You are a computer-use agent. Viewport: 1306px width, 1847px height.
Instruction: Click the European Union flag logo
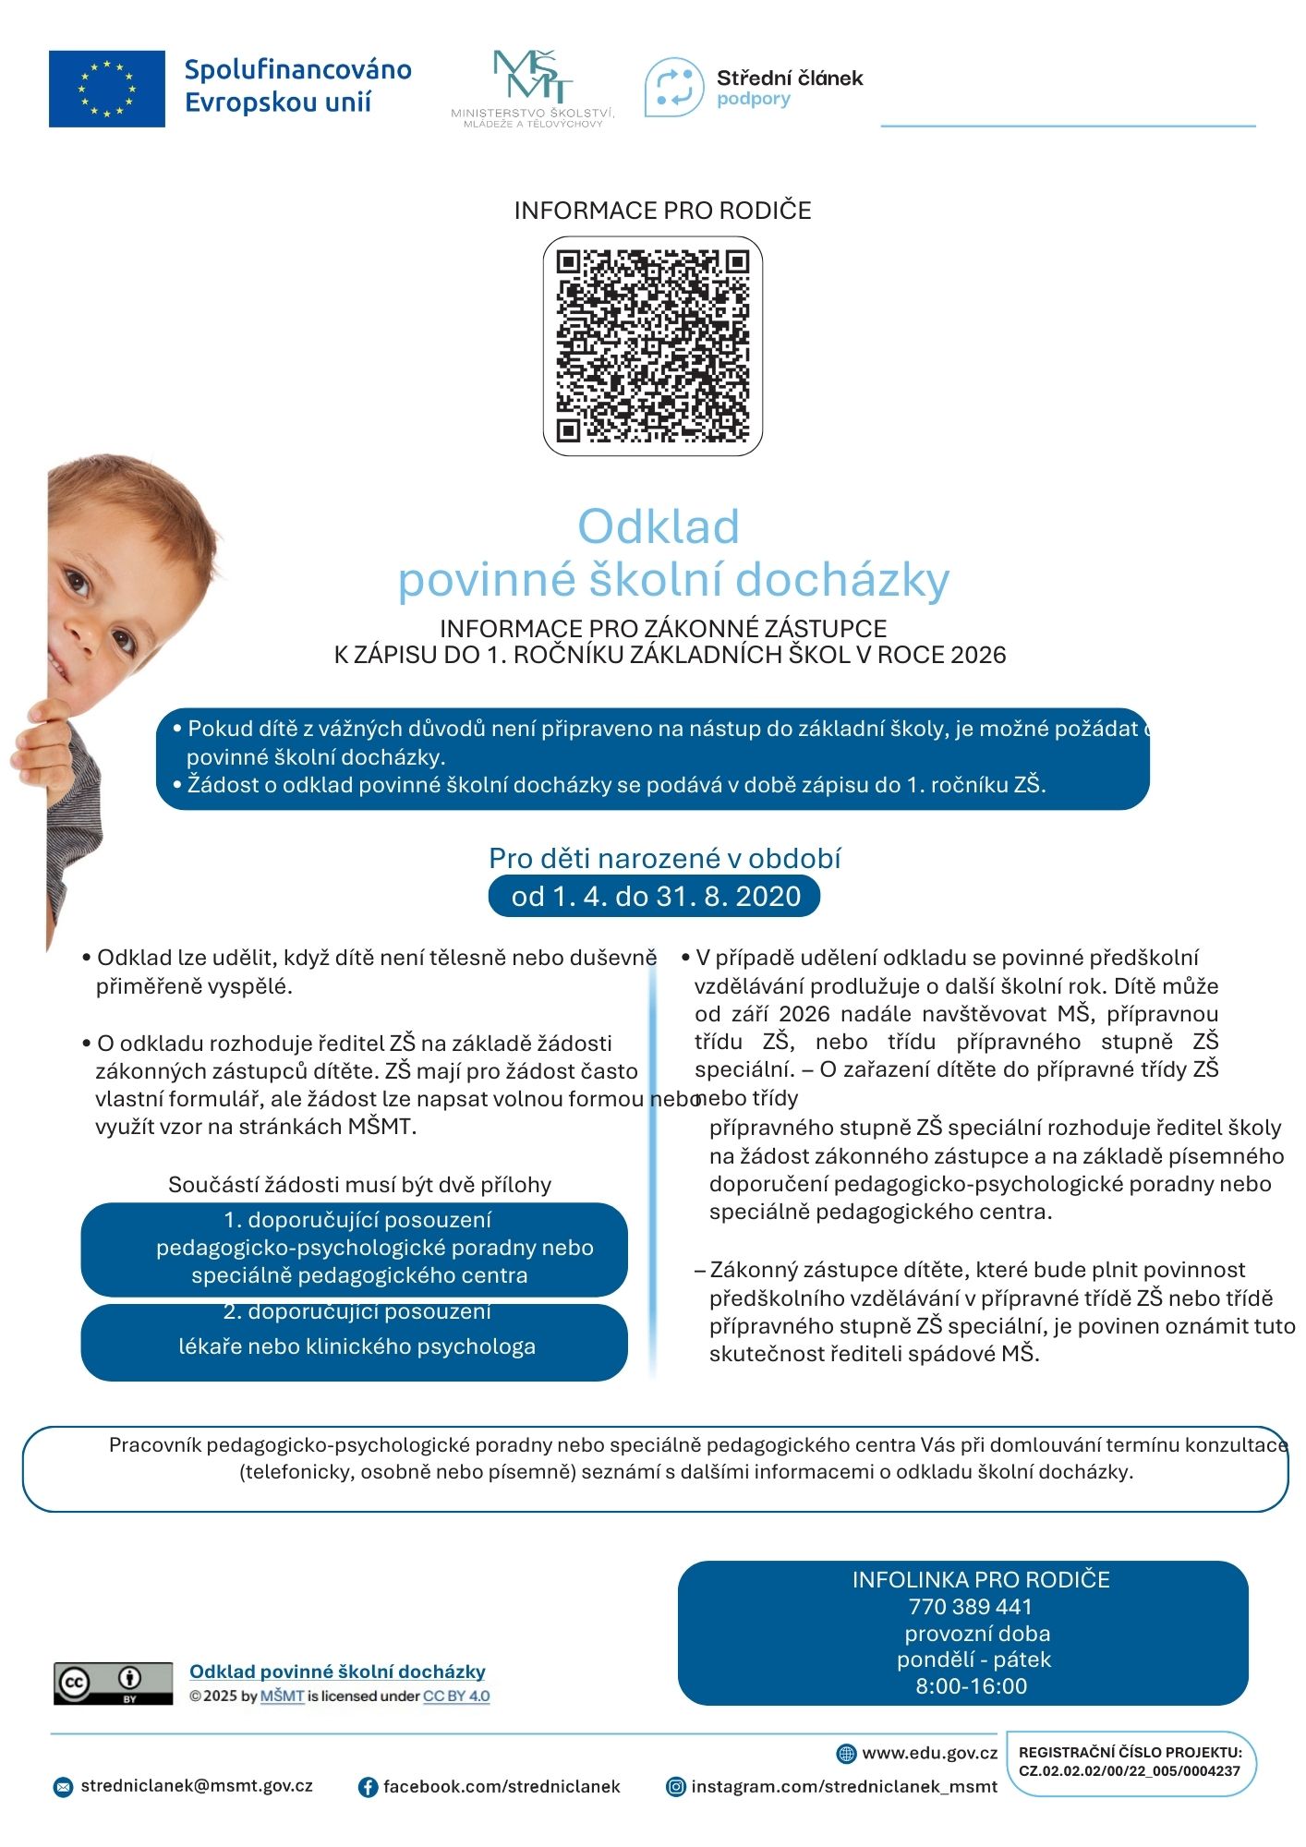(x=107, y=89)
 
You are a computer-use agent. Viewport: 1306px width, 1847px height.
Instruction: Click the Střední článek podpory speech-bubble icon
(x=673, y=87)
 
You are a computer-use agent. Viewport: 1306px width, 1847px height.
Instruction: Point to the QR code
(x=652, y=346)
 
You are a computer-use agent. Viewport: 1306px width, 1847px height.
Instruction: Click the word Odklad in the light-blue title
(x=659, y=526)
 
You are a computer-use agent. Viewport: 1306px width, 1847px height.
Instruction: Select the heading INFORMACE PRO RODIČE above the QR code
(x=662, y=211)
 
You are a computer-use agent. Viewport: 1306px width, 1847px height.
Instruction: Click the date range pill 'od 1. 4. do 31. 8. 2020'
(x=654, y=897)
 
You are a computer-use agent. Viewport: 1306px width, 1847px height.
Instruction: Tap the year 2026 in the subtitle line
(x=978, y=655)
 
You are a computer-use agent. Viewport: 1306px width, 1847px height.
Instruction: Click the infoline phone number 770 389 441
(x=970, y=1607)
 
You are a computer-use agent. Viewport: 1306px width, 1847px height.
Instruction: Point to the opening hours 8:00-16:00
(x=971, y=1686)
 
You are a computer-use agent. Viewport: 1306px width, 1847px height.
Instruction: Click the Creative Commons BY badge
(x=113, y=1684)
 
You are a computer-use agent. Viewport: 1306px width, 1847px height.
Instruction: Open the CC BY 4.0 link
(x=456, y=1696)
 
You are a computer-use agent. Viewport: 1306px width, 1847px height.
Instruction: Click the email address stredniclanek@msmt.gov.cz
(x=197, y=1786)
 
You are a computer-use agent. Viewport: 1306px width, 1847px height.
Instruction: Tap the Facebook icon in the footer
(x=368, y=1787)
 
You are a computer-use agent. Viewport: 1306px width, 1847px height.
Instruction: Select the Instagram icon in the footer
(x=676, y=1787)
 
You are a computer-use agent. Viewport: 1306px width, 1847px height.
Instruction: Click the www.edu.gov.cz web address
(x=929, y=1753)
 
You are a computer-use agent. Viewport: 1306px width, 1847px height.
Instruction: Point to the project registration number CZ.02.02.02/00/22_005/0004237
(x=1130, y=1771)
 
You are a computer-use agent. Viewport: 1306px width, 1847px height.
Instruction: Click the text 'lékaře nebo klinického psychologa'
(x=357, y=1346)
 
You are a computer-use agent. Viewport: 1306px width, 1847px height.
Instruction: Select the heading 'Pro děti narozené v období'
(x=664, y=859)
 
